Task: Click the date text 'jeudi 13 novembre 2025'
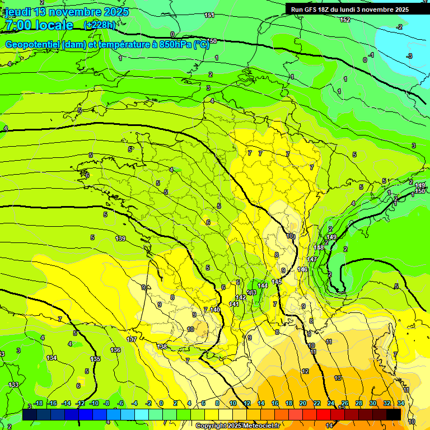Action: pyautogui.click(x=67, y=12)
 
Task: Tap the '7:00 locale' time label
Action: pyautogui.click(x=39, y=25)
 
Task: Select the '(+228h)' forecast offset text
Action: pyautogui.click(x=99, y=25)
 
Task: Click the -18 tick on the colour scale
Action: pyautogui.click(x=38, y=403)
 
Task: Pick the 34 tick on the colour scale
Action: pyautogui.click(x=401, y=403)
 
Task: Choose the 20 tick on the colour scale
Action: pyautogui.click(x=303, y=403)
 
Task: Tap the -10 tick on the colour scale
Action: pyautogui.click(x=94, y=403)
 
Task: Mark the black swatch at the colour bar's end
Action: pyautogui.click(x=394, y=414)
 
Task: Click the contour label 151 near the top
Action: pyautogui.click(x=209, y=15)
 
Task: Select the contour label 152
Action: pyautogui.click(x=345, y=20)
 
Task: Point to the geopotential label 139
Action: pyautogui.click(x=120, y=239)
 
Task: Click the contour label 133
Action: pyautogui.click(x=13, y=385)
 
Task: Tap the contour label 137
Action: pyautogui.click(x=132, y=340)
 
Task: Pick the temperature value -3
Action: pyautogui.click(x=409, y=56)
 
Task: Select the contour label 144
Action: pyautogui.click(x=263, y=286)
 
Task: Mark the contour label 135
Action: pyautogui.click(x=95, y=359)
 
